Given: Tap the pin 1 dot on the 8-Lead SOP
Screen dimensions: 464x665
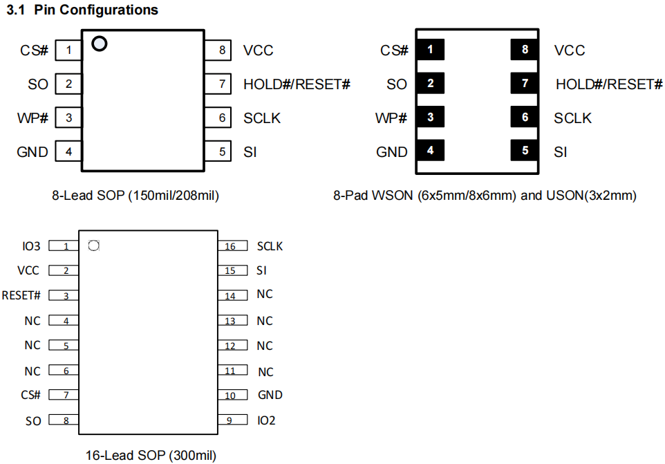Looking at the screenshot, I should tap(100, 44).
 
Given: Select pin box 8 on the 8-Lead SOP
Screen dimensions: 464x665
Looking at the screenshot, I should tap(221, 50).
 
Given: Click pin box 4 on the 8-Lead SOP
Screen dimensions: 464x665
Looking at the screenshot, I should tap(68, 151).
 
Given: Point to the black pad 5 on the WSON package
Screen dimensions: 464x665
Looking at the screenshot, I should tap(525, 150).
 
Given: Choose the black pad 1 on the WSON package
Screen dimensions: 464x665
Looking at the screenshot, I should tap(431, 50).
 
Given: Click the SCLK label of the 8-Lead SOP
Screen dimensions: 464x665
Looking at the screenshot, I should tap(262, 118).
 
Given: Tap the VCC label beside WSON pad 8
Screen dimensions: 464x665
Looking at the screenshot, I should tap(570, 50).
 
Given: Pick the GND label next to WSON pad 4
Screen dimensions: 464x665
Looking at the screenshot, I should tap(392, 151).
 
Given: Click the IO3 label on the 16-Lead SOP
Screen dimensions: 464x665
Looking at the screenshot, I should tap(32, 246).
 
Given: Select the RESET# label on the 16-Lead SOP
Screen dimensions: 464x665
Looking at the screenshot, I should tap(21, 295).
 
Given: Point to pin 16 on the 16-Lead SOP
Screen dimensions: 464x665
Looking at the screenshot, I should tap(230, 246).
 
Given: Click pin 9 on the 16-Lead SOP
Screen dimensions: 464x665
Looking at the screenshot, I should tap(230, 420).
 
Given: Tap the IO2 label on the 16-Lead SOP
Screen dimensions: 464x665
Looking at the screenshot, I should tap(266, 420).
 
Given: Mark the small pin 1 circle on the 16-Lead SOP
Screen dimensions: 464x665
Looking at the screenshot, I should tap(95, 245).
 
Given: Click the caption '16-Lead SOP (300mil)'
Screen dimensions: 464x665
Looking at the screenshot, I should tap(151, 456).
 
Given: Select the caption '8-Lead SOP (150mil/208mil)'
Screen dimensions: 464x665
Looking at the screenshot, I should tap(135, 196).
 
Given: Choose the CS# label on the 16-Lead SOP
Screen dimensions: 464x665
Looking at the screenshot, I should tap(31, 395).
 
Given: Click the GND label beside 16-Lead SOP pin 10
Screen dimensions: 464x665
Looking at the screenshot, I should tap(270, 395).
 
